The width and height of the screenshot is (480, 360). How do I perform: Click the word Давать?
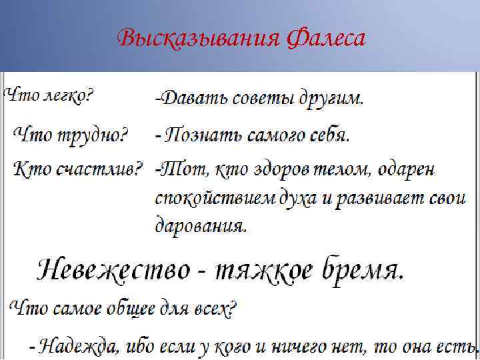pos(191,99)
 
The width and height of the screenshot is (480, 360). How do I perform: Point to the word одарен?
pos(407,170)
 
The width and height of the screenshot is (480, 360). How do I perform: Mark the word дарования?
pos(201,225)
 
